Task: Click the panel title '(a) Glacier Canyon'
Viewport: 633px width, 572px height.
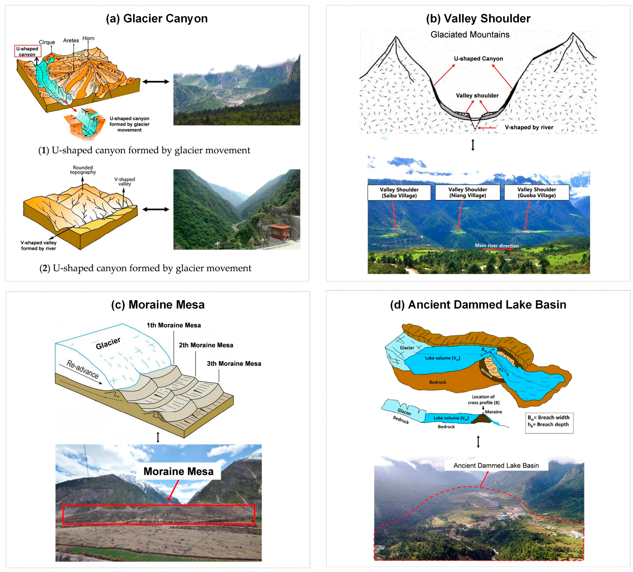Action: tap(157, 18)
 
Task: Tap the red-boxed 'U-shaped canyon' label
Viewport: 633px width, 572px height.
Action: tap(27, 52)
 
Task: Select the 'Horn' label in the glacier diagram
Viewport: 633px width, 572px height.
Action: tap(88, 38)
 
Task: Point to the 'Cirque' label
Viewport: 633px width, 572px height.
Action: tap(47, 42)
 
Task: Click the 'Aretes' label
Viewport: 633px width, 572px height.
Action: tap(71, 40)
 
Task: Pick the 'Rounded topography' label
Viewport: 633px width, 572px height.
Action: tap(83, 170)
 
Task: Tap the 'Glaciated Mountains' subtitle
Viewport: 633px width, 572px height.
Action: tap(470, 35)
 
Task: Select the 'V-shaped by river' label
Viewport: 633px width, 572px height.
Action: tap(529, 127)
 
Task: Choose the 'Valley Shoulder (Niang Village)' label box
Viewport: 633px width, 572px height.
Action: tap(468, 192)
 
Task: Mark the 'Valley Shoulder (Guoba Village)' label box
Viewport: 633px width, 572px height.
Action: tap(537, 192)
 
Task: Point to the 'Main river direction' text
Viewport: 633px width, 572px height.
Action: tap(497, 246)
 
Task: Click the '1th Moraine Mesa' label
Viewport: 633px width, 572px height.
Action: tap(174, 325)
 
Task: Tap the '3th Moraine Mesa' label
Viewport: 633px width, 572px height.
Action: tap(234, 364)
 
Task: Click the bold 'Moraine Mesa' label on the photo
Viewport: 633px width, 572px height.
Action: tap(178, 472)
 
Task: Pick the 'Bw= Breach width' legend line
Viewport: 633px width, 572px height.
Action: tap(548, 417)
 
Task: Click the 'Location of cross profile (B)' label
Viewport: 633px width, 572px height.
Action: tap(483, 399)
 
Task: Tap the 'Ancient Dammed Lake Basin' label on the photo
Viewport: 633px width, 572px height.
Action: tap(496, 466)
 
